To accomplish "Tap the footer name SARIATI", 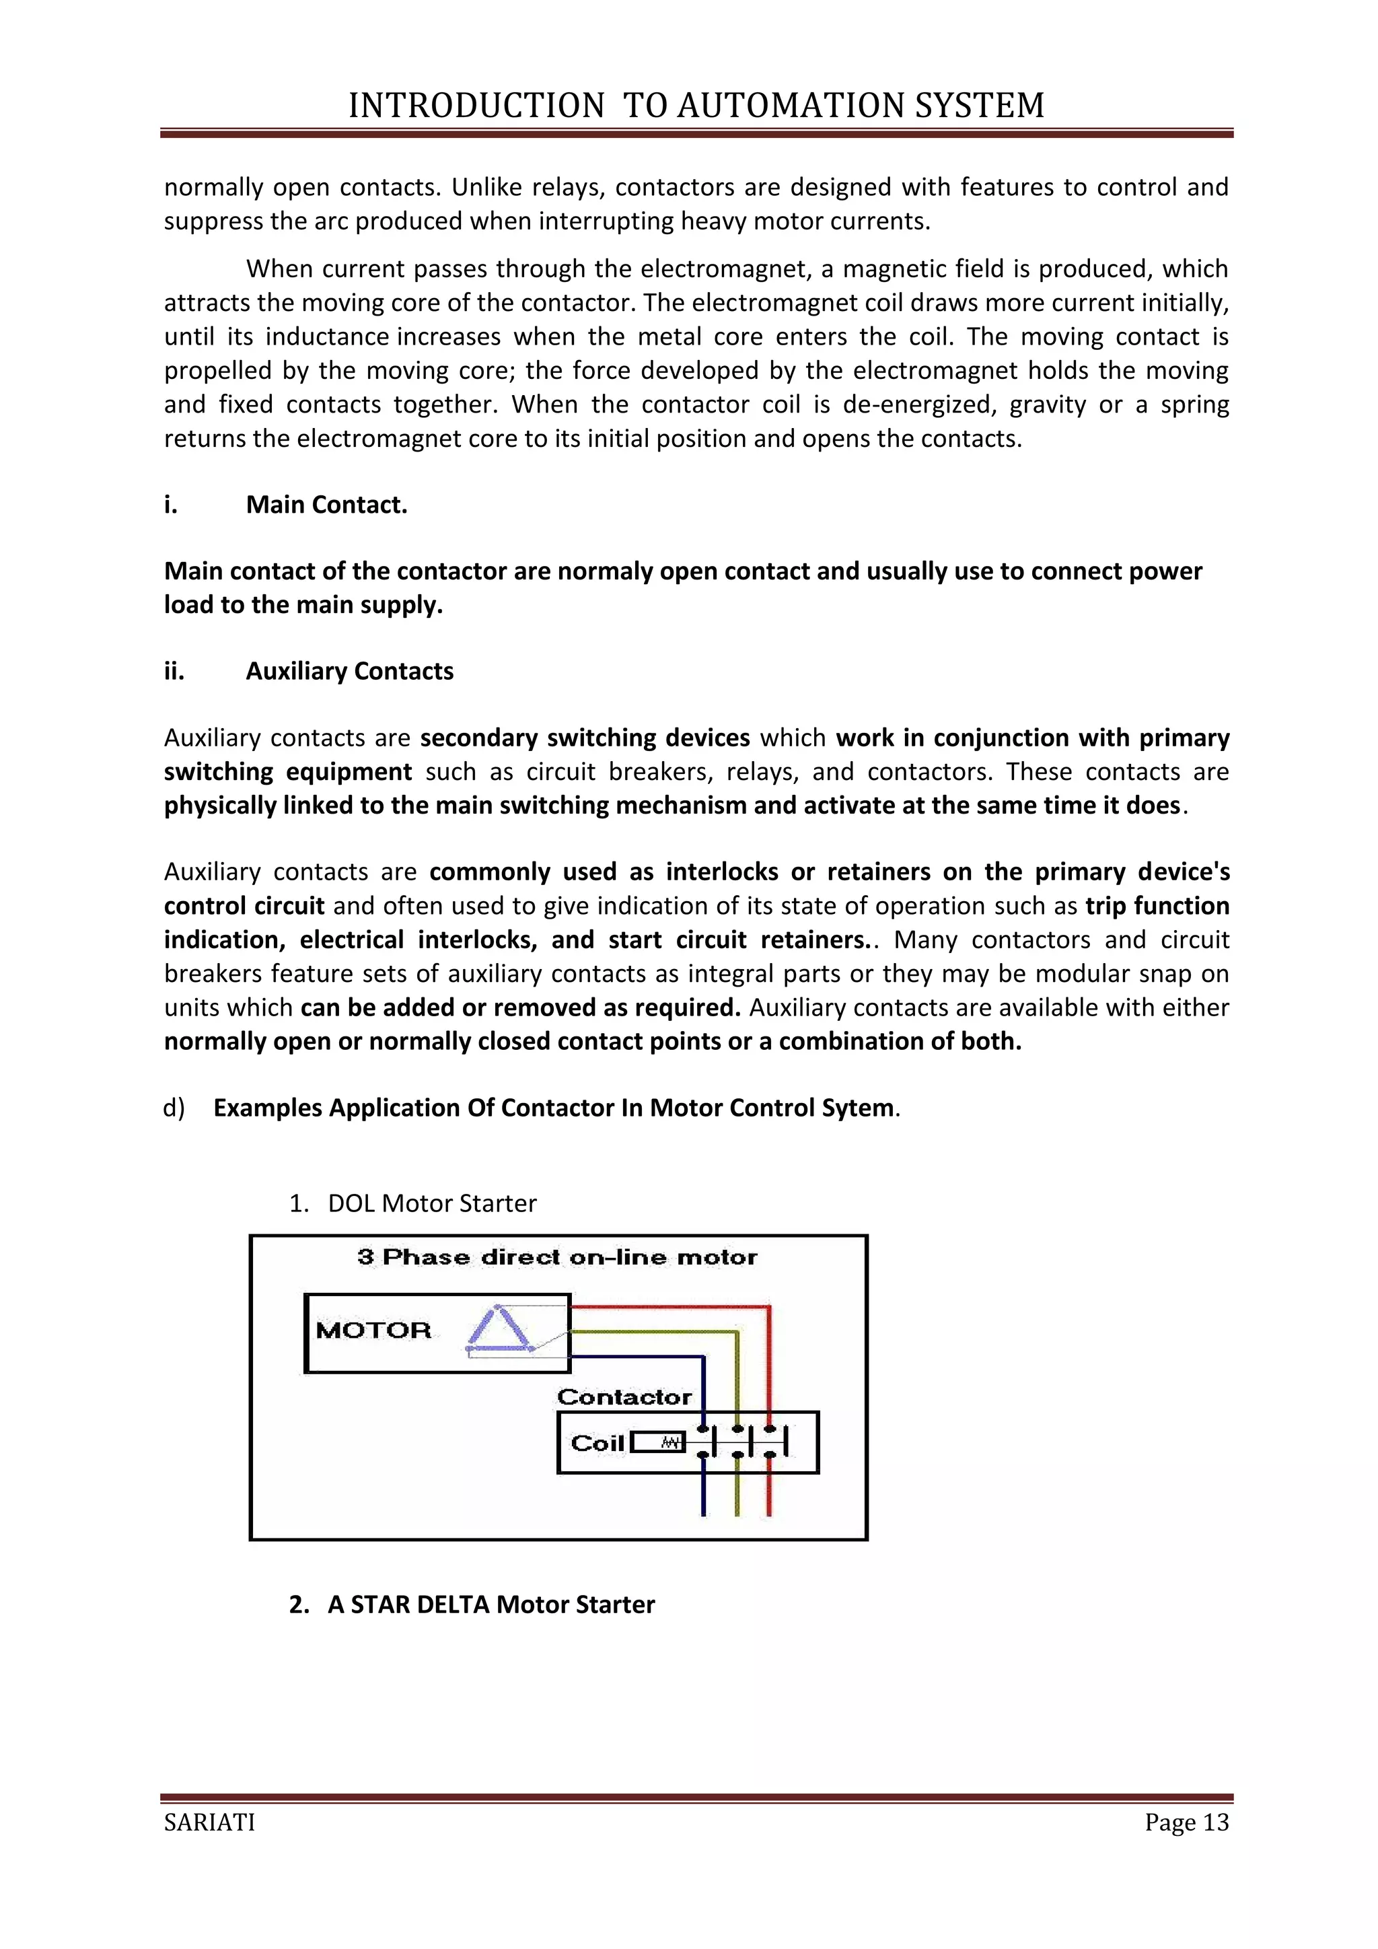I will (209, 1822).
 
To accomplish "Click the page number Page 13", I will (1186, 1822).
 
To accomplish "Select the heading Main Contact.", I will (327, 505).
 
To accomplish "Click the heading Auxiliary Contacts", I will (350, 672).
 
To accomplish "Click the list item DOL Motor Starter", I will (432, 1204).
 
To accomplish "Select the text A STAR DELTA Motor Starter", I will (491, 1604).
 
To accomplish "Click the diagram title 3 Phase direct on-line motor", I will (558, 1257).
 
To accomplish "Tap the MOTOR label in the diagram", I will (373, 1330).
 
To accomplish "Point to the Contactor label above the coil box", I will (624, 1397).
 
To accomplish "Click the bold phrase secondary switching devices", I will (585, 738).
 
